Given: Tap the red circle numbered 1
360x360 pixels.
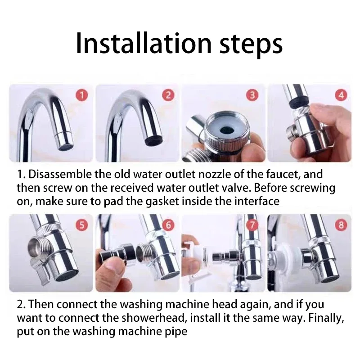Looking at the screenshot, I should click(x=82, y=95).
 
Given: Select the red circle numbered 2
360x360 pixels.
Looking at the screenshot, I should click(x=168, y=95).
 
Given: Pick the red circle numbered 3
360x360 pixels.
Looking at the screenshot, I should click(x=253, y=95).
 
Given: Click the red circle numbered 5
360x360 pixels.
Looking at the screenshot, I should click(x=82, y=225).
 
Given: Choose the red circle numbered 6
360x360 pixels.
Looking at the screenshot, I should click(x=168, y=225).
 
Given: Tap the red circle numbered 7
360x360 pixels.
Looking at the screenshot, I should click(x=253, y=225).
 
